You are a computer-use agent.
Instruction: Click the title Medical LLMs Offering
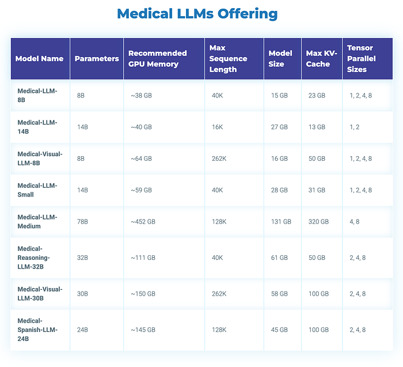(197, 13)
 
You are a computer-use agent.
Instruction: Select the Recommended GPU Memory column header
(158, 59)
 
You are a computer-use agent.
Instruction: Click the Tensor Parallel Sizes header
(360, 59)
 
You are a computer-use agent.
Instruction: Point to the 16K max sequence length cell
(217, 127)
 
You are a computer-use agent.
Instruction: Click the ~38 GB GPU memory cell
(142, 95)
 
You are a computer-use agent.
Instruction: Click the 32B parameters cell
(82, 258)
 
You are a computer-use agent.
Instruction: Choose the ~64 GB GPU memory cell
(142, 158)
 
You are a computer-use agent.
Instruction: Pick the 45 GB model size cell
(279, 330)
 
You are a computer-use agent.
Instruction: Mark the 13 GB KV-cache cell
(316, 127)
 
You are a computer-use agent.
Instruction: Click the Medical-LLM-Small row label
(36, 190)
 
